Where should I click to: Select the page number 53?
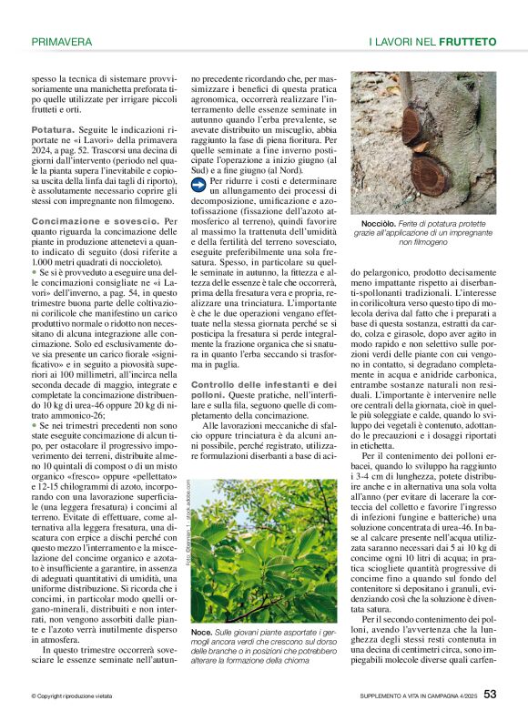[490, 694]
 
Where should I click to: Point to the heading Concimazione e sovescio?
[94, 222]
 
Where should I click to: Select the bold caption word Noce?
[200, 630]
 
